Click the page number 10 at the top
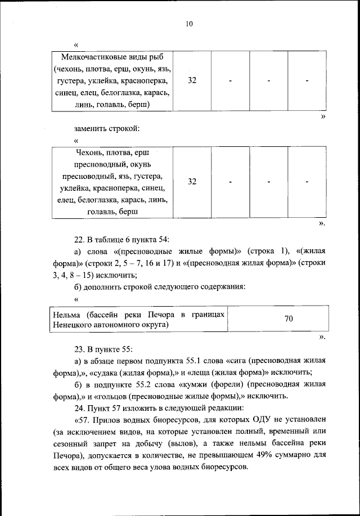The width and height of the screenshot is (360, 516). click(189, 23)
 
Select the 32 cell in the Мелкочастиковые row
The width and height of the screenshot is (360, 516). click(192, 81)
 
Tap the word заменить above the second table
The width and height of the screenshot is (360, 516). click(90, 129)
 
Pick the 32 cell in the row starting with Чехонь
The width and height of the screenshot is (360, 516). click(192, 182)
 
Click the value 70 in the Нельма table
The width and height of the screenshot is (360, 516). click(289, 319)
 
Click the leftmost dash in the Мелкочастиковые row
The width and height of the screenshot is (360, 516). click(231, 81)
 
